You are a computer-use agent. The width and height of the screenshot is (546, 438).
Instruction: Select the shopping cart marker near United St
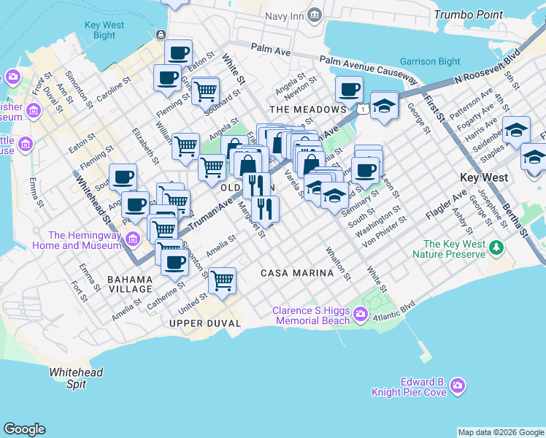pyautogui.click(x=221, y=279)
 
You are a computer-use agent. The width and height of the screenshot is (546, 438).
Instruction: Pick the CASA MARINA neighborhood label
pyautogui.click(x=297, y=272)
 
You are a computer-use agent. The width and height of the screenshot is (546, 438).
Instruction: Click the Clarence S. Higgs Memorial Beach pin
pyautogui.click(x=361, y=315)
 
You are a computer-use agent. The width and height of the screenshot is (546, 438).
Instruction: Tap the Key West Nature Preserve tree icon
pyautogui.click(x=496, y=249)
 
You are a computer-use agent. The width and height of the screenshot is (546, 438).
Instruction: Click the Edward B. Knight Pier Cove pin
pyautogui.click(x=458, y=385)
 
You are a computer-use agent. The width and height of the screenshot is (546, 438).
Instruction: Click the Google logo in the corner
pyautogui.click(x=24, y=429)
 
